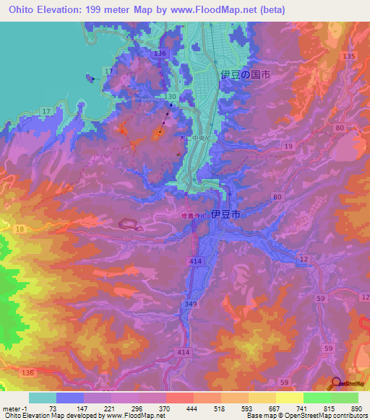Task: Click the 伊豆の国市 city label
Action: click(x=245, y=75)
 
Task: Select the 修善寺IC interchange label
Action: click(x=194, y=215)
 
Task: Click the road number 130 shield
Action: click(x=171, y=97)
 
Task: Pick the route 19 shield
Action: click(x=288, y=146)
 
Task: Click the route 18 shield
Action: click(x=20, y=228)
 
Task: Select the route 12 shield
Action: click(x=304, y=259)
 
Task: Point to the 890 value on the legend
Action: click(x=356, y=408)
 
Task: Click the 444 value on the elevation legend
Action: click(x=191, y=408)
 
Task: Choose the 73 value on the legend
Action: click(x=53, y=408)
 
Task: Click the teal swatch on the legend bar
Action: click(x=42, y=398)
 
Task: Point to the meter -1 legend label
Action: click(x=16, y=408)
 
